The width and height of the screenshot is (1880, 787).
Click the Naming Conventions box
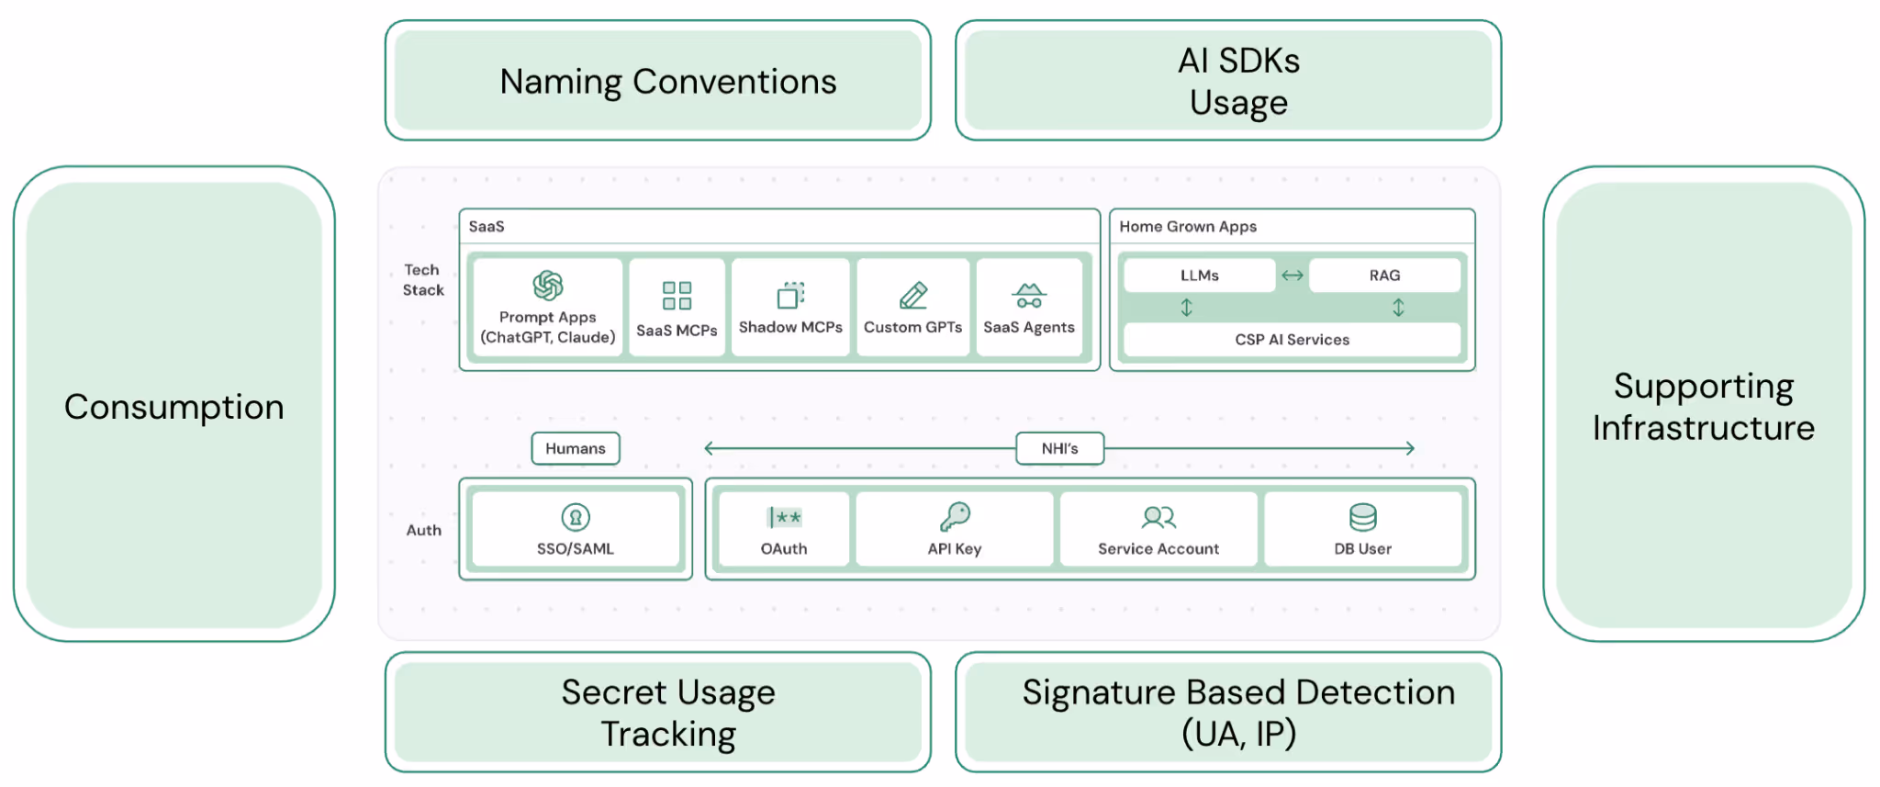click(658, 81)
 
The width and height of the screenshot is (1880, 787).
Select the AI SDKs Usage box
click(1228, 81)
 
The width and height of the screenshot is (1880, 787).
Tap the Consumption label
click(173, 406)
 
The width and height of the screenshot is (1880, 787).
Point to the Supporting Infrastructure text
click(1703, 407)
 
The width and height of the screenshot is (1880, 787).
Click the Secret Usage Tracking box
click(658, 713)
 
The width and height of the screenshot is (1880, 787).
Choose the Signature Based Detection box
click(1228, 713)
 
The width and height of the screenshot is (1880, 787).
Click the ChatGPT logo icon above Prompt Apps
click(548, 286)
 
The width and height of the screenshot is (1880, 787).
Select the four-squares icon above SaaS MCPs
click(677, 296)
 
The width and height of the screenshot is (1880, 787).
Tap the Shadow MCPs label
click(790, 327)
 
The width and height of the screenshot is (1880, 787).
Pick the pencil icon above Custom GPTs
click(913, 295)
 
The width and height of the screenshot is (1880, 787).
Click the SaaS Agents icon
click(1029, 296)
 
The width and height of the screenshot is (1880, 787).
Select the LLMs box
click(1199, 275)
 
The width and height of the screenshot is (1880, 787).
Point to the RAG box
click(1384, 275)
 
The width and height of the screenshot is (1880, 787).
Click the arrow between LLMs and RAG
click(1292, 275)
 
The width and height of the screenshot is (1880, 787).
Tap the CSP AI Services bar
click(1292, 340)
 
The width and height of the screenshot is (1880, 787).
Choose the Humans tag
click(576, 448)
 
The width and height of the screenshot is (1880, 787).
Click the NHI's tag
click(1059, 448)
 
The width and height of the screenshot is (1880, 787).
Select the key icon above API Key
click(955, 517)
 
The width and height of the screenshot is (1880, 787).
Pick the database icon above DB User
click(1362, 517)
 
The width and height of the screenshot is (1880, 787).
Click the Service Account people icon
click(1158, 518)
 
